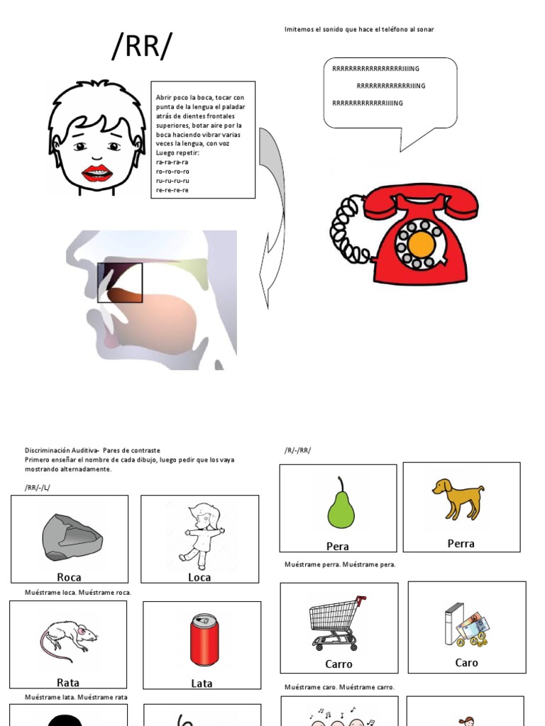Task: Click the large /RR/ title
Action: [x=142, y=48]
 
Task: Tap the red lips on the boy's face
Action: [x=97, y=173]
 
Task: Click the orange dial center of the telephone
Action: [x=422, y=245]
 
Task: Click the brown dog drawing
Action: [x=458, y=497]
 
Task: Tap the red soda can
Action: [x=204, y=640]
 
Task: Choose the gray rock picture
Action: [x=72, y=537]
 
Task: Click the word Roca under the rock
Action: [x=69, y=577]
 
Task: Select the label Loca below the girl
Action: [x=199, y=577]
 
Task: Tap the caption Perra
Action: [x=461, y=544]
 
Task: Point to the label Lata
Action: [x=202, y=683]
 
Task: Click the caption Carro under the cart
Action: [x=338, y=664]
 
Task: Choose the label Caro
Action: [x=466, y=663]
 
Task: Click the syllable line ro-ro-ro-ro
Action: [x=172, y=171]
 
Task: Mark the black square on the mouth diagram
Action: [x=120, y=283]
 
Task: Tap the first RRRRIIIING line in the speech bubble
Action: [x=375, y=69]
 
